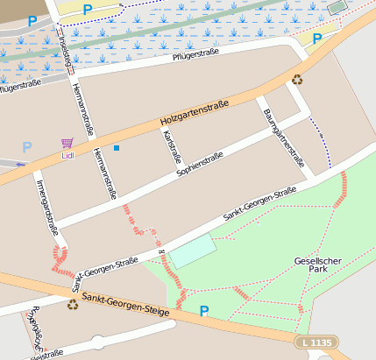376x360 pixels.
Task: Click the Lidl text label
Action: (67, 156)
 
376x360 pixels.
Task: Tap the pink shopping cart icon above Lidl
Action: (67, 143)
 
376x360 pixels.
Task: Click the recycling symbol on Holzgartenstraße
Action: (297, 80)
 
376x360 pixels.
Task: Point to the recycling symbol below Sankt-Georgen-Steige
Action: (72, 304)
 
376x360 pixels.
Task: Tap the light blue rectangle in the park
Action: (192, 251)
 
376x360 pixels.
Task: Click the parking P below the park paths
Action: (204, 311)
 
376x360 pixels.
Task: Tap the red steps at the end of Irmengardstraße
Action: (60, 258)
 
